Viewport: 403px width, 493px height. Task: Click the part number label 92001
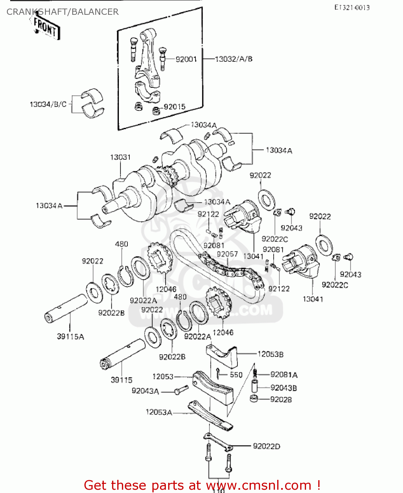pyautogui.click(x=186, y=59)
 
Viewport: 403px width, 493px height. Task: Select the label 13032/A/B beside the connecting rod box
pyautogui.click(x=234, y=59)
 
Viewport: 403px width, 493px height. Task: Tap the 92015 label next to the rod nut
pyautogui.click(x=174, y=107)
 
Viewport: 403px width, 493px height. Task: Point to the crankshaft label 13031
pyautogui.click(x=120, y=157)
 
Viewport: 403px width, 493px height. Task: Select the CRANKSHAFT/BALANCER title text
pyautogui.click(x=62, y=12)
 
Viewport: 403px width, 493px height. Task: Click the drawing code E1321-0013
pyautogui.click(x=352, y=8)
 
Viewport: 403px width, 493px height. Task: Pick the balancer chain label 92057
pyautogui.click(x=227, y=254)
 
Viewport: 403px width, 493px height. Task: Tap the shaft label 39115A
pyautogui.click(x=70, y=337)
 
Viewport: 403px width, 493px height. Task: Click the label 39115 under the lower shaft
pyautogui.click(x=122, y=380)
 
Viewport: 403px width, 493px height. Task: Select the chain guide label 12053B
pyautogui.click(x=270, y=354)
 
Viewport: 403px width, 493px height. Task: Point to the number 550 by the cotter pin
pyautogui.click(x=236, y=375)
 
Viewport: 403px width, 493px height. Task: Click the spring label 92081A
pyautogui.click(x=284, y=375)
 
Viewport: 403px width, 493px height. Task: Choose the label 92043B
pyautogui.click(x=283, y=388)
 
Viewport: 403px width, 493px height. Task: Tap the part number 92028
pyautogui.click(x=281, y=400)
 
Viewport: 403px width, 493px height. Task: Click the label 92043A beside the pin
pyautogui.click(x=145, y=391)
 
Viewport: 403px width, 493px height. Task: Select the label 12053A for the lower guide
pyautogui.click(x=159, y=412)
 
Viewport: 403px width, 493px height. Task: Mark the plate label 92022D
pyautogui.click(x=266, y=446)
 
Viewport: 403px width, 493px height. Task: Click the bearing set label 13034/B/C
pyautogui.click(x=48, y=105)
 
